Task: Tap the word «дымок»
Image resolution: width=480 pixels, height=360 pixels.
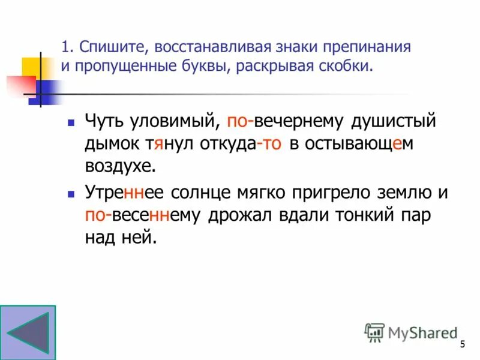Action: point(111,145)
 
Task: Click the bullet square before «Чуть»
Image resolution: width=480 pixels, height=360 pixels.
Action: point(71,122)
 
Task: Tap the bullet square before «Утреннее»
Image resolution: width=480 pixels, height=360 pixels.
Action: point(71,194)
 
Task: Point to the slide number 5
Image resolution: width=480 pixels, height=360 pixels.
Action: point(462,344)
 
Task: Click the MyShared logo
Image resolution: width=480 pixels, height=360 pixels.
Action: point(411,332)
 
